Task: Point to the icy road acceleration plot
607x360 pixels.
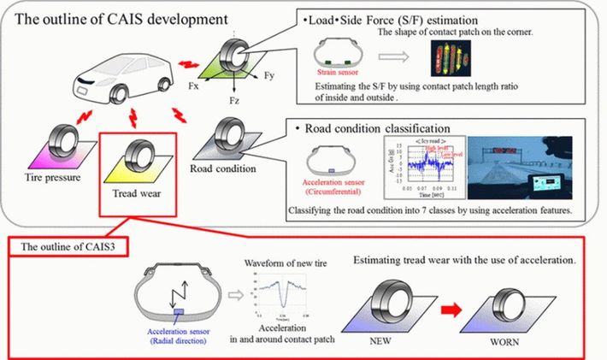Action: coord(415,168)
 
